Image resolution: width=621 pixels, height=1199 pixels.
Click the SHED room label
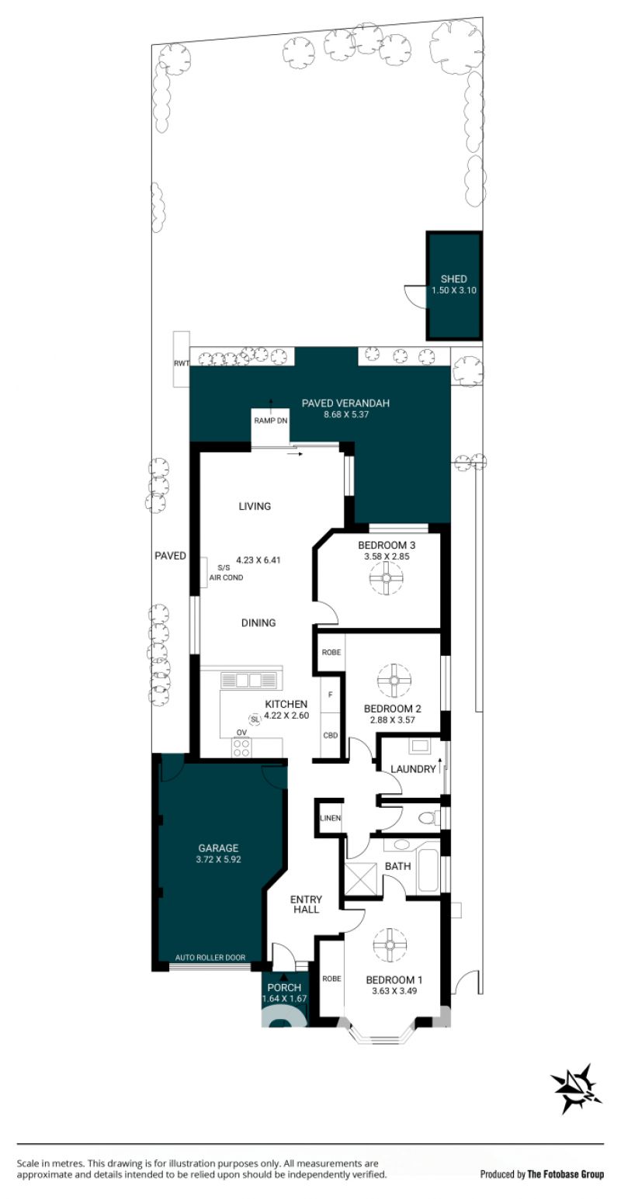tap(453, 279)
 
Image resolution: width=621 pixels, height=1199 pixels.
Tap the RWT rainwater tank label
tap(182, 363)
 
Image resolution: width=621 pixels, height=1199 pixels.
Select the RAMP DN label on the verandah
tap(270, 421)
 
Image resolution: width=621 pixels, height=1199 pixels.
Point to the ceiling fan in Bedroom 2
tap(394, 680)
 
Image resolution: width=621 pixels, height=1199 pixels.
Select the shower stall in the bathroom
tap(363, 879)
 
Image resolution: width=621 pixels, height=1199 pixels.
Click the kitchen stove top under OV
tap(241, 747)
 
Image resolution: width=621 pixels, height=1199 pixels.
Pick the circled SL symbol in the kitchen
tap(255, 720)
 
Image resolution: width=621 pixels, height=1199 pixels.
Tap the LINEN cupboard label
tap(331, 818)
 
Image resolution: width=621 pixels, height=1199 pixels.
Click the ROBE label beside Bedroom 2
tap(331, 653)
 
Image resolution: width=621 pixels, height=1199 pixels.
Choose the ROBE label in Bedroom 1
tap(331, 979)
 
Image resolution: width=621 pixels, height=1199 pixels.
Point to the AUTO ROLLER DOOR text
tap(210, 958)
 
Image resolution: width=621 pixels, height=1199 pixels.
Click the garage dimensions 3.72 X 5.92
tap(218, 860)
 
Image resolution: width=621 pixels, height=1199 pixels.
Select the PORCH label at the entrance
tap(284, 988)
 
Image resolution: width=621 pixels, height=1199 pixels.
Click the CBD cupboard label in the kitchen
tap(331, 736)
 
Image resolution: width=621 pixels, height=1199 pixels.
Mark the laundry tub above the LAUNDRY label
tap(418, 745)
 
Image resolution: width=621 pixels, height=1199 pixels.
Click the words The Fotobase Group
tap(565, 1174)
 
